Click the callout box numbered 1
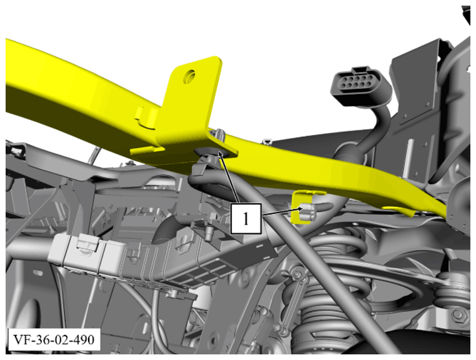(245, 218)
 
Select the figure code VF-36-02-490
(54, 339)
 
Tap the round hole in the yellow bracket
(189, 76)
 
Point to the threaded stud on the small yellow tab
(307, 212)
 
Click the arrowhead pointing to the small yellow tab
(299, 209)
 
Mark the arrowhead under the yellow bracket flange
(219, 155)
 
